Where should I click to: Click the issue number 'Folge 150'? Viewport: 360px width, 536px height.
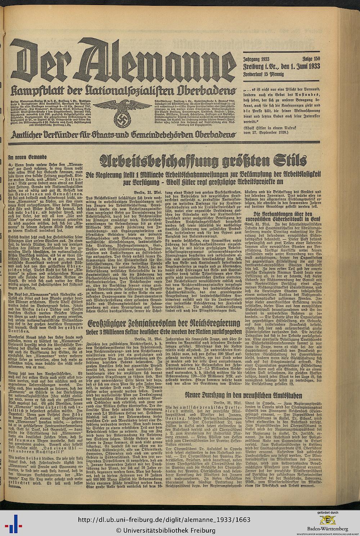(310, 59)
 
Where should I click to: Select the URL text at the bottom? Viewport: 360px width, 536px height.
(164, 520)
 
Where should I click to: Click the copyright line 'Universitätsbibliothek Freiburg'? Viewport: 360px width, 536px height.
(165, 530)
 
